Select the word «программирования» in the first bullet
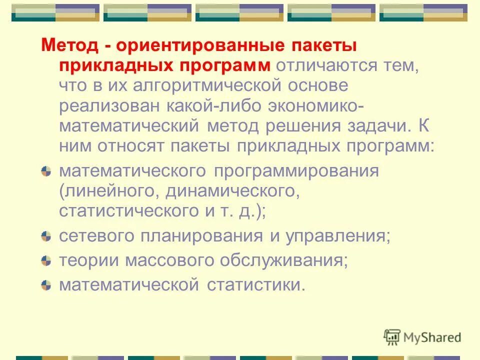(x=297, y=171)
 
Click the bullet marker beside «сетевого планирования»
(x=46, y=235)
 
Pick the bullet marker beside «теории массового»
(x=46, y=260)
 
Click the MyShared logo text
(x=430, y=337)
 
